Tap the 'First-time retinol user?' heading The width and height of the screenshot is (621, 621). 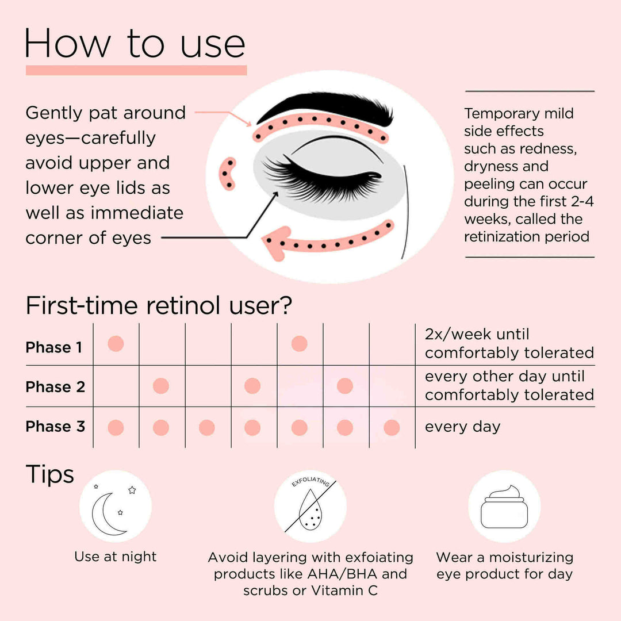159,306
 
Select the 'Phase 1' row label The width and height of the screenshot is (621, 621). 54,347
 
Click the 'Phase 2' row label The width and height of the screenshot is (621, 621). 55,387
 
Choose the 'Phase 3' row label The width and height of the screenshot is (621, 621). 55,427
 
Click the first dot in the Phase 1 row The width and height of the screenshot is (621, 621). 116,344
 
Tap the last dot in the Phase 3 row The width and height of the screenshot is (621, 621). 392,428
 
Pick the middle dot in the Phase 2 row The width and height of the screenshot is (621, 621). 252,386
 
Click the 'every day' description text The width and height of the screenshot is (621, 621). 462,427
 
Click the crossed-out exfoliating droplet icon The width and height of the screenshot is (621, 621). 310,506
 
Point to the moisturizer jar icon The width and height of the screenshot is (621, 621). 504,506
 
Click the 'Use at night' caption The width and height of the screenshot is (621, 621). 115,557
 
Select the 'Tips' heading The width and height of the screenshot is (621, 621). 50,475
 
